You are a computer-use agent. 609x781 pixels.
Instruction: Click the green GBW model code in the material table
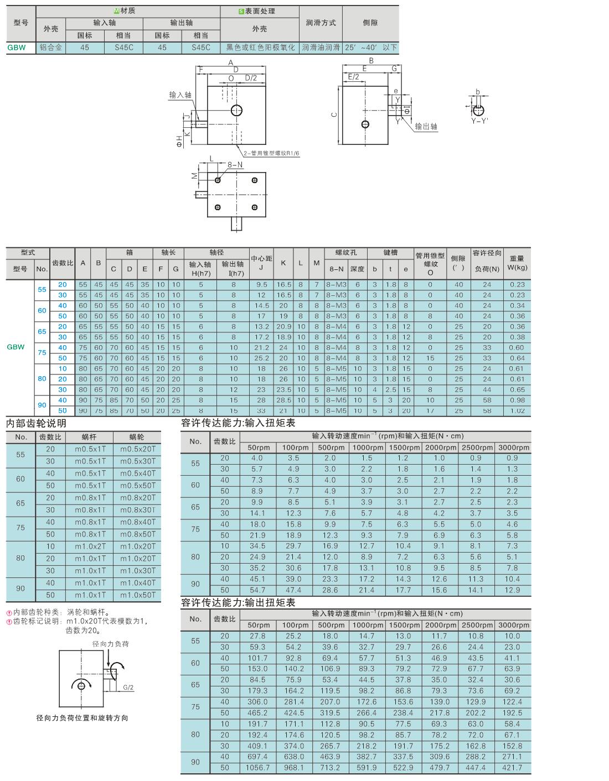click(17, 48)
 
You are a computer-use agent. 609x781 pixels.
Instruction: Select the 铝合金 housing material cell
click(51, 48)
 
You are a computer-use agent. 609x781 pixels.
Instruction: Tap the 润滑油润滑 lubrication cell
click(321, 48)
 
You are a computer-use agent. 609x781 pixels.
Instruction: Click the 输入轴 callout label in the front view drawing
click(180, 95)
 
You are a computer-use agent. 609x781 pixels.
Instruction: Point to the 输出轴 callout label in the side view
click(426, 126)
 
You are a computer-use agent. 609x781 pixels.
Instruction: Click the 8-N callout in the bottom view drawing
click(235, 165)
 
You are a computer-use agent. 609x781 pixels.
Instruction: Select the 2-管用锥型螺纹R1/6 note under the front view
click(271, 153)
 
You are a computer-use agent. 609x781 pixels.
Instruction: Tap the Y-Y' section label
click(479, 121)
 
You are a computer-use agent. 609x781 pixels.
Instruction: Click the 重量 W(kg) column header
click(517, 263)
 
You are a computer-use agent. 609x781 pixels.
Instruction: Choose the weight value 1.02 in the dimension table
click(517, 411)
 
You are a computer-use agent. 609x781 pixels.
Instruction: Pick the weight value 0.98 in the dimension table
click(517, 400)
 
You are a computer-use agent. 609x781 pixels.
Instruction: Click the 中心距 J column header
click(261, 263)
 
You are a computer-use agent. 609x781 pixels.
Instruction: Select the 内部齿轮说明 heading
click(37, 423)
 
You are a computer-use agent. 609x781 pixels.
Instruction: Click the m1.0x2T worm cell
click(90, 546)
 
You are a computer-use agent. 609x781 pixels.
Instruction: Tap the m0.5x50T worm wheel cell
click(138, 486)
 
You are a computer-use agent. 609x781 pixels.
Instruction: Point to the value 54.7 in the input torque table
click(257, 590)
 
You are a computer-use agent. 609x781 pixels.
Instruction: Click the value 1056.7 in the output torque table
click(257, 768)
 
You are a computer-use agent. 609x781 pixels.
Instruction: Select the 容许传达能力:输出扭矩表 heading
click(238, 603)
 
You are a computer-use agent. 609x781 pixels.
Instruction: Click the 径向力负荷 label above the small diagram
click(110, 644)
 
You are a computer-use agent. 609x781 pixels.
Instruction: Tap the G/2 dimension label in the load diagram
click(128, 688)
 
